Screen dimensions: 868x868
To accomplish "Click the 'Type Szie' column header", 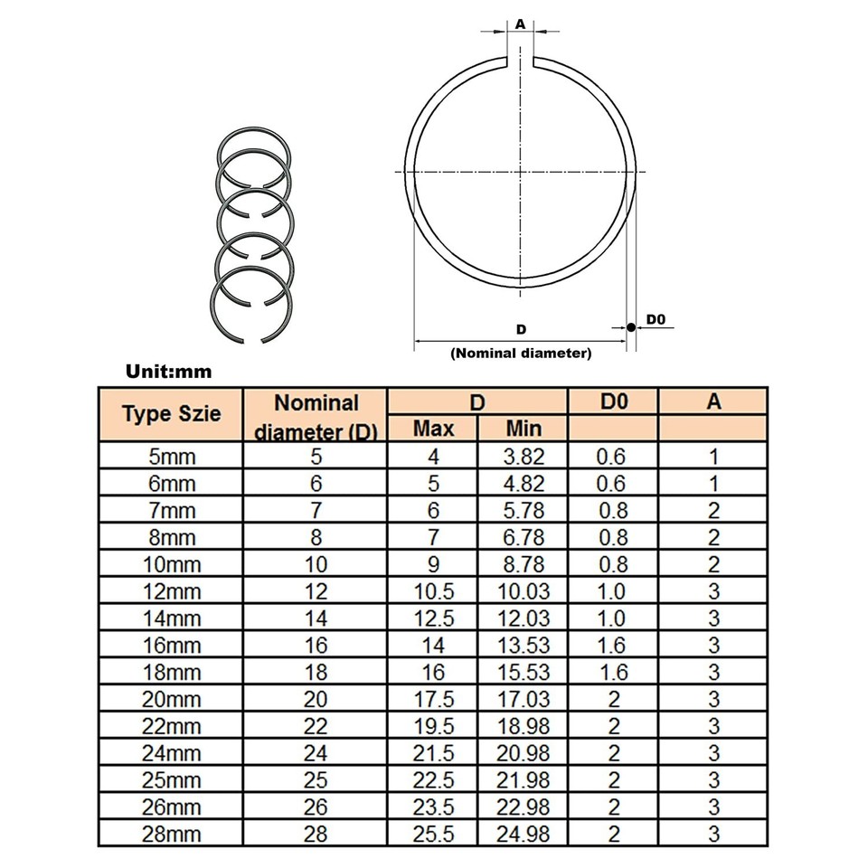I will coord(170,415).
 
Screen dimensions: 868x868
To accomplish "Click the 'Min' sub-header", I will coord(523,427).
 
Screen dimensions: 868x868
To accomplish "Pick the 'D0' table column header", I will coord(613,401).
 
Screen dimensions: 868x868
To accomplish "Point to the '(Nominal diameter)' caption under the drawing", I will coord(521,354).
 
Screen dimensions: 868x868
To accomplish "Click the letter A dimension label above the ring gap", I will coord(520,24).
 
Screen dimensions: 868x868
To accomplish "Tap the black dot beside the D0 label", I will coord(628,326).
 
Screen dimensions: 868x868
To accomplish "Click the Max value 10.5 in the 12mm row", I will coord(433,591).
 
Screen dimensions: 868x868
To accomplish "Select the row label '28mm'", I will coord(170,834).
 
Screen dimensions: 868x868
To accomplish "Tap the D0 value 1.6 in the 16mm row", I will coord(612,646).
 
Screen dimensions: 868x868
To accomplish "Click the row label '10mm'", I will coord(170,564).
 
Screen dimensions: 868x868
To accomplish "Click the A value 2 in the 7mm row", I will coord(713,511).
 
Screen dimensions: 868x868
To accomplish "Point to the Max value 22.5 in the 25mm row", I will coord(433,779).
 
